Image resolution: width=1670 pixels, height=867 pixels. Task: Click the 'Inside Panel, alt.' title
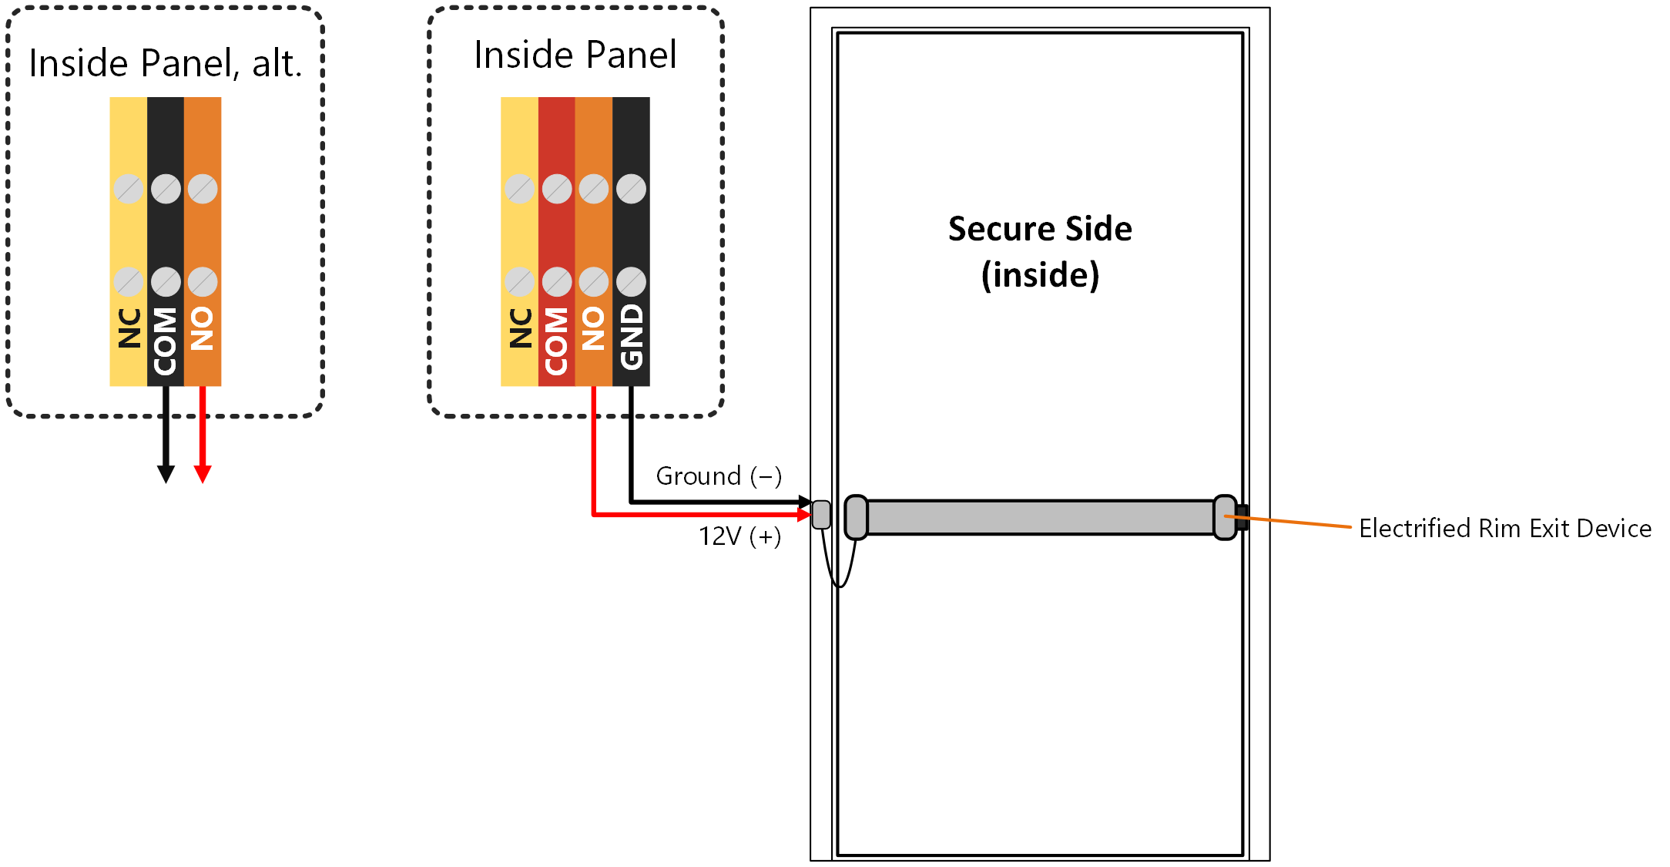[x=165, y=63]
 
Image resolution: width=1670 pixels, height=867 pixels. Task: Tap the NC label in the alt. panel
[x=129, y=328]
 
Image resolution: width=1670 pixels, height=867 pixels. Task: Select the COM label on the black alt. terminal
[x=166, y=341]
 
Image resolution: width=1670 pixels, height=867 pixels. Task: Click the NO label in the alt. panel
[x=203, y=328]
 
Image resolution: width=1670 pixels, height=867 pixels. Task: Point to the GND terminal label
[x=632, y=336]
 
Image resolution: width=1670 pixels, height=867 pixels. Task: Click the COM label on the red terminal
[x=557, y=341]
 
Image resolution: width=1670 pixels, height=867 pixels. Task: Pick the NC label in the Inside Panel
[x=521, y=328]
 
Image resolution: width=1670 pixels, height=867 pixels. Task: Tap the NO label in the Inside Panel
[x=594, y=328]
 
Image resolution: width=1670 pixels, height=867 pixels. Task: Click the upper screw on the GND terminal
[x=631, y=189]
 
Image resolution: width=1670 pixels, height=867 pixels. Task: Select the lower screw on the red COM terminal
[x=557, y=282]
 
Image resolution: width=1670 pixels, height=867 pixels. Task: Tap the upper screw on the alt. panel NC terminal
[x=129, y=189]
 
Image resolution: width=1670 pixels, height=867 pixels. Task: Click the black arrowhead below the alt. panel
[x=166, y=474]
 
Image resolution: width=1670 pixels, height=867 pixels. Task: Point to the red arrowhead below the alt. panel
[x=203, y=474]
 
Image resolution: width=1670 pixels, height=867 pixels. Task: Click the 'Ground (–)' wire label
[x=719, y=476]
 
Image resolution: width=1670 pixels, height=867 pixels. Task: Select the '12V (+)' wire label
[x=739, y=536]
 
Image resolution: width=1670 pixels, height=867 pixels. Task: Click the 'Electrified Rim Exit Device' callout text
[x=1505, y=529]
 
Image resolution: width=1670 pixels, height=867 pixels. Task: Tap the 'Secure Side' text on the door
[x=1040, y=229]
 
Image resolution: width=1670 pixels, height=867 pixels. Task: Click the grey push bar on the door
[x=1041, y=517]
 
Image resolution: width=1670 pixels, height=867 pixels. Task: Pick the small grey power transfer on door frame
[x=822, y=515]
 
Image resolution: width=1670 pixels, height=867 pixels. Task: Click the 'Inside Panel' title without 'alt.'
[x=575, y=55]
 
